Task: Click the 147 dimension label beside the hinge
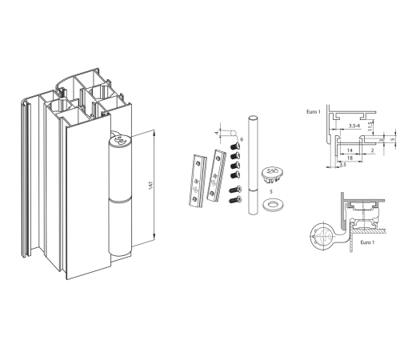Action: point(151,186)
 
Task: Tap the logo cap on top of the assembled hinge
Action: point(120,140)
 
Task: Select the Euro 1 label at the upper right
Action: point(314,112)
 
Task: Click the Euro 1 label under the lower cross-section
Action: point(367,242)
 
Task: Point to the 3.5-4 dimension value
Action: point(354,126)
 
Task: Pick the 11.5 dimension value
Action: point(370,126)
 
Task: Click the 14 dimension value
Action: point(350,150)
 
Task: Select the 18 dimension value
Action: point(350,158)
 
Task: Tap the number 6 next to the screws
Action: point(242,139)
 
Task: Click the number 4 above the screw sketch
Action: point(217,133)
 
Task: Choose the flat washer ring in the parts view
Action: point(273,205)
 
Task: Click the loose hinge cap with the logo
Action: point(272,174)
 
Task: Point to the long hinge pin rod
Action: point(253,165)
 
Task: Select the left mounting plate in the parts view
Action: point(198,180)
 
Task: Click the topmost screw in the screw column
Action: point(235,146)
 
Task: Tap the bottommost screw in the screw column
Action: point(235,198)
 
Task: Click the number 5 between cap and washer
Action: point(271,192)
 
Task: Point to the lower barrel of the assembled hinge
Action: point(120,226)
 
